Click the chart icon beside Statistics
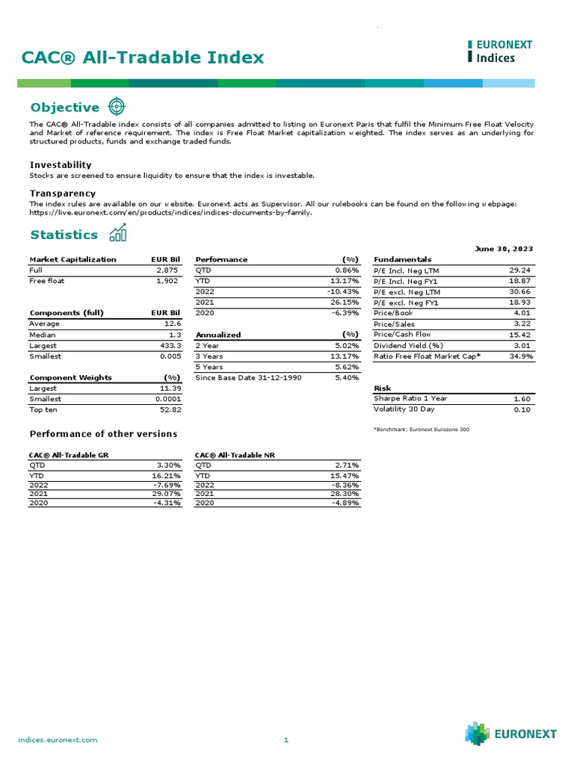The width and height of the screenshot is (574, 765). pos(117,234)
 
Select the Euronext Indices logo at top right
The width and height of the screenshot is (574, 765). pos(500,51)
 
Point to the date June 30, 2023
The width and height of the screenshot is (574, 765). pos(504,248)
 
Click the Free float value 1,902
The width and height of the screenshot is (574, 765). pos(168,281)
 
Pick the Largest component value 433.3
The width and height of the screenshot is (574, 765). pos(170,346)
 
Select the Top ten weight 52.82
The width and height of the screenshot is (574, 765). pos(170,410)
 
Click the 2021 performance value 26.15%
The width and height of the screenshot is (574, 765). pos(345,302)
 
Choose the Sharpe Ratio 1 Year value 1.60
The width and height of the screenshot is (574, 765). pos(522,399)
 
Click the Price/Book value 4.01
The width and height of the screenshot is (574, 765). pos(521,313)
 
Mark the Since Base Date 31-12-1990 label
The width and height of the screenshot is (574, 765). pos(248,378)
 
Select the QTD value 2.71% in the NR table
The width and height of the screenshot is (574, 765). pos(345,464)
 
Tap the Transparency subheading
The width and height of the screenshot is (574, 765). pos(63,193)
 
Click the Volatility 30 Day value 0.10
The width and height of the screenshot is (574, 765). pos(522,409)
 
